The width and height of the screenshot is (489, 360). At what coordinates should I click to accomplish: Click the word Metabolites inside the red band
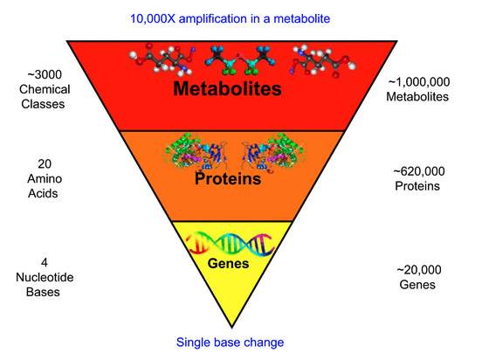(x=227, y=88)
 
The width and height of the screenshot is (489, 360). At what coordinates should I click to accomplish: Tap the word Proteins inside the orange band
(x=228, y=179)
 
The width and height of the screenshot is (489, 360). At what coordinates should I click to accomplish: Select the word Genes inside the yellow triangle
(x=228, y=264)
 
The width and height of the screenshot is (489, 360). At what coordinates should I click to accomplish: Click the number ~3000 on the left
(x=45, y=74)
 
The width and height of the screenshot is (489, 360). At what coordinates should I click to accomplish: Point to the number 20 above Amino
(x=45, y=164)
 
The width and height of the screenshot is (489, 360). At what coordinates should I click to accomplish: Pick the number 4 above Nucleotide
(x=45, y=263)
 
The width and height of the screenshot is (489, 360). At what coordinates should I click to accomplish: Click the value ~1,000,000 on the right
(x=419, y=82)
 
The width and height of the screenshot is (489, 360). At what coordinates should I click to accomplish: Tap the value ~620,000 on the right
(x=419, y=171)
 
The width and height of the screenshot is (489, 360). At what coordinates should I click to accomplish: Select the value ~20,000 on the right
(x=419, y=270)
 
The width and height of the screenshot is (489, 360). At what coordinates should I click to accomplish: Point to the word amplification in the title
(x=213, y=19)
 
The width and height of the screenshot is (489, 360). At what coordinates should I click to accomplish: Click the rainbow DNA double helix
(x=231, y=244)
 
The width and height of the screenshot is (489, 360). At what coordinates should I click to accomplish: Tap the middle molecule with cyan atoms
(x=240, y=60)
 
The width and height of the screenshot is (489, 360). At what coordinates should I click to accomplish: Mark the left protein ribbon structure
(x=195, y=152)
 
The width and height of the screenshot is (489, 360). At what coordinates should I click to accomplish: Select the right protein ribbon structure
(x=273, y=152)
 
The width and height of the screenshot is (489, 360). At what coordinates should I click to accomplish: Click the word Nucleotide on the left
(x=45, y=277)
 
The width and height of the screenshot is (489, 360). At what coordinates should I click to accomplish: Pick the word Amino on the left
(x=45, y=179)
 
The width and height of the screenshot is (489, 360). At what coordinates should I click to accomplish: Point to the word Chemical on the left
(x=45, y=89)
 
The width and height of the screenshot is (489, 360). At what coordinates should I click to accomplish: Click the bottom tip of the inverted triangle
(x=231, y=328)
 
